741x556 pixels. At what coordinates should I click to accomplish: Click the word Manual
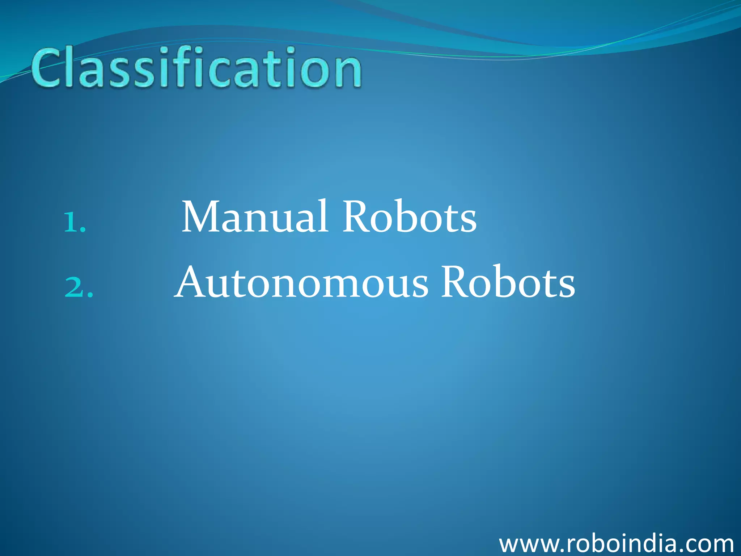[x=255, y=217]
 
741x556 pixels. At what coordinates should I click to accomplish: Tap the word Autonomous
[x=302, y=283]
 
